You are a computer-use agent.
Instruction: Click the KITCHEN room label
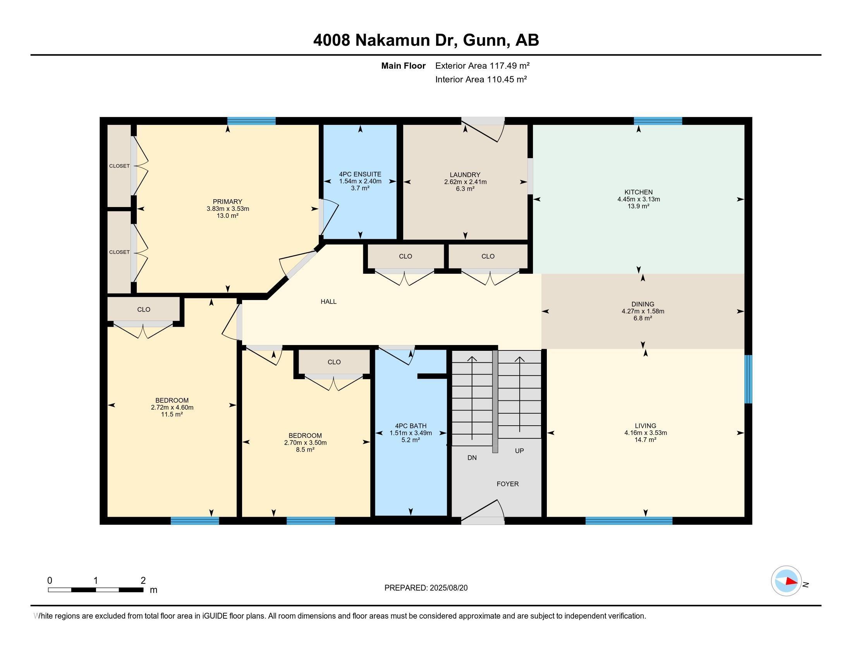click(638, 192)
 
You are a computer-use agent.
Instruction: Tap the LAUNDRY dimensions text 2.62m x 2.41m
click(465, 182)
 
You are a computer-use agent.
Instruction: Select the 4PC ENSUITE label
click(360, 174)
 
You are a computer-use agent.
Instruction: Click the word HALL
click(328, 301)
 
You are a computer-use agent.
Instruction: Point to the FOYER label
click(507, 484)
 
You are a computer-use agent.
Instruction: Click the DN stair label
click(472, 457)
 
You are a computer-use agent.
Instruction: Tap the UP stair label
click(519, 450)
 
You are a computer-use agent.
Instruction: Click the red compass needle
click(791, 581)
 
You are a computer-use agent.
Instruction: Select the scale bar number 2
click(143, 581)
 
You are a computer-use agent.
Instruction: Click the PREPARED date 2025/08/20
click(448, 588)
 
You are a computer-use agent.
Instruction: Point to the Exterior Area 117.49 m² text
click(482, 66)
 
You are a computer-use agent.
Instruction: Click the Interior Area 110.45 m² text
click(481, 79)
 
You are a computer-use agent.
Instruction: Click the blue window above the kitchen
click(658, 121)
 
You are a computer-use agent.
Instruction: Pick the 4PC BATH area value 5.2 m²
click(411, 440)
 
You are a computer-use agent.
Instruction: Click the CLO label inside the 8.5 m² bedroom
click(334, 362)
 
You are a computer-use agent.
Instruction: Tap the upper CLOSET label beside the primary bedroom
click(119, 166)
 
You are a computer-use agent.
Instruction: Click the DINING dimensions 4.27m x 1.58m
click(642, 311)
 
